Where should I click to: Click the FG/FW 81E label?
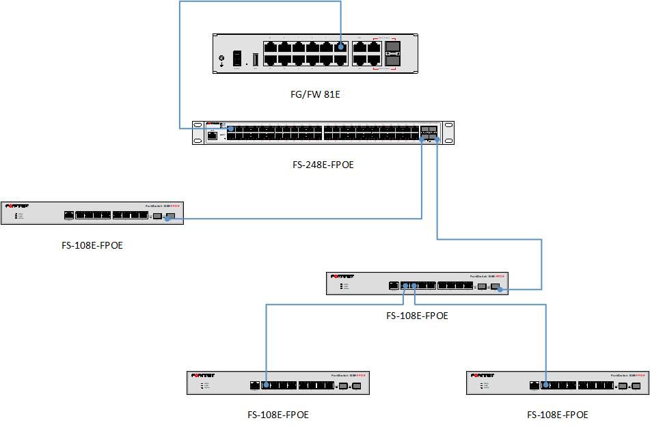tap(315, 94)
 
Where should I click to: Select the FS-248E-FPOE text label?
tap(323, 165)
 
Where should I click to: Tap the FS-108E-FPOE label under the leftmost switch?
tap(92, 245)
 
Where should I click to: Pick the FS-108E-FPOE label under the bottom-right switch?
tap(557, 415)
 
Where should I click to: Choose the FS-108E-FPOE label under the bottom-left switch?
tap(277, 415)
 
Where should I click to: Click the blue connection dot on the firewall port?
tap(340, 48)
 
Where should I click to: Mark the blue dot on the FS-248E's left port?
tap(231, 128)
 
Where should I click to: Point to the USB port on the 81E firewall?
tap(256, 59)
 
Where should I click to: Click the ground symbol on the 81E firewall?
tap(221, 59)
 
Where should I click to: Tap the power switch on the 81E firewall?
tap(237, 59)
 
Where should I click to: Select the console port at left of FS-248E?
tap(213, 135)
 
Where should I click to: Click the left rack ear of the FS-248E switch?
tap(198, 133)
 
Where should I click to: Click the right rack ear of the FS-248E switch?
tap(448, 133)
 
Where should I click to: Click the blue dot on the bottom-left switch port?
tap(266, 385)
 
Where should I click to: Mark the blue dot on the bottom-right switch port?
tap(545, 385)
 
